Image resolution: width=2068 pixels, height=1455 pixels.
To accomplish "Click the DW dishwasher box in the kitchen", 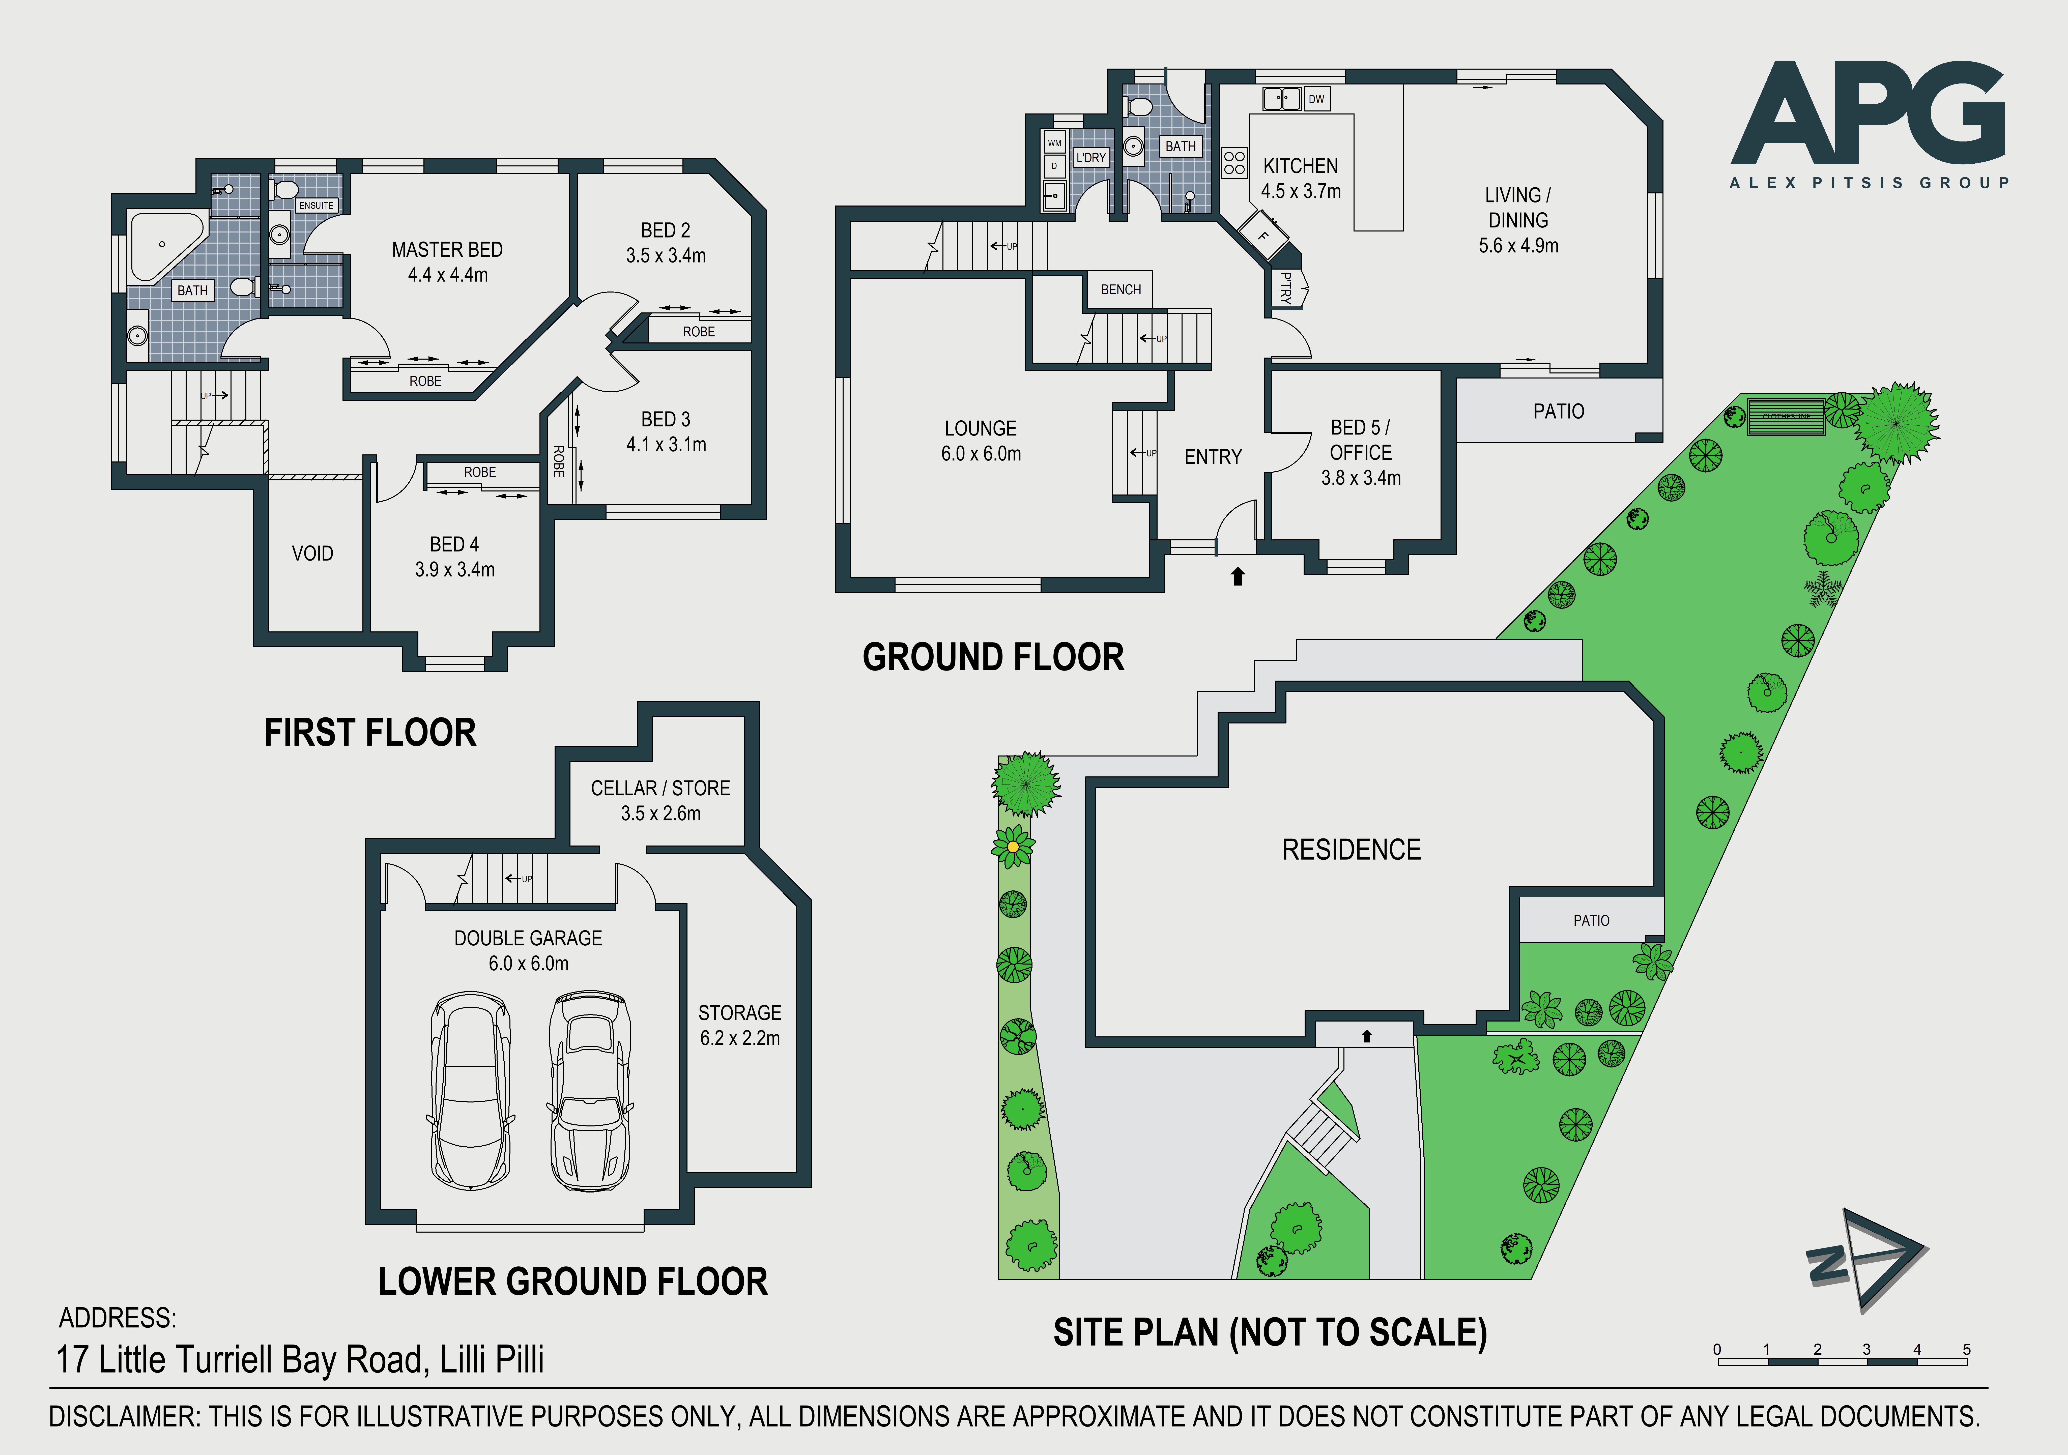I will click(x=1316, y=99).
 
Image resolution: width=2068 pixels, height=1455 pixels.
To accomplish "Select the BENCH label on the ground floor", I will click(x=1121, y=289).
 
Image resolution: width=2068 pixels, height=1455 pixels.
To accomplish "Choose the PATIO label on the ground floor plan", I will click(x=1558, y=412).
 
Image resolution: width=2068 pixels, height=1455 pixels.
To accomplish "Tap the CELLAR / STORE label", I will click(x=660, y=788).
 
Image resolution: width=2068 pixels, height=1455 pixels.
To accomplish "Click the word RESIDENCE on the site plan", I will click(x=1351, y=849).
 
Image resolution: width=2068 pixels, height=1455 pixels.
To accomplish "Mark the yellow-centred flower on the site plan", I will click(x=1013, y=846).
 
